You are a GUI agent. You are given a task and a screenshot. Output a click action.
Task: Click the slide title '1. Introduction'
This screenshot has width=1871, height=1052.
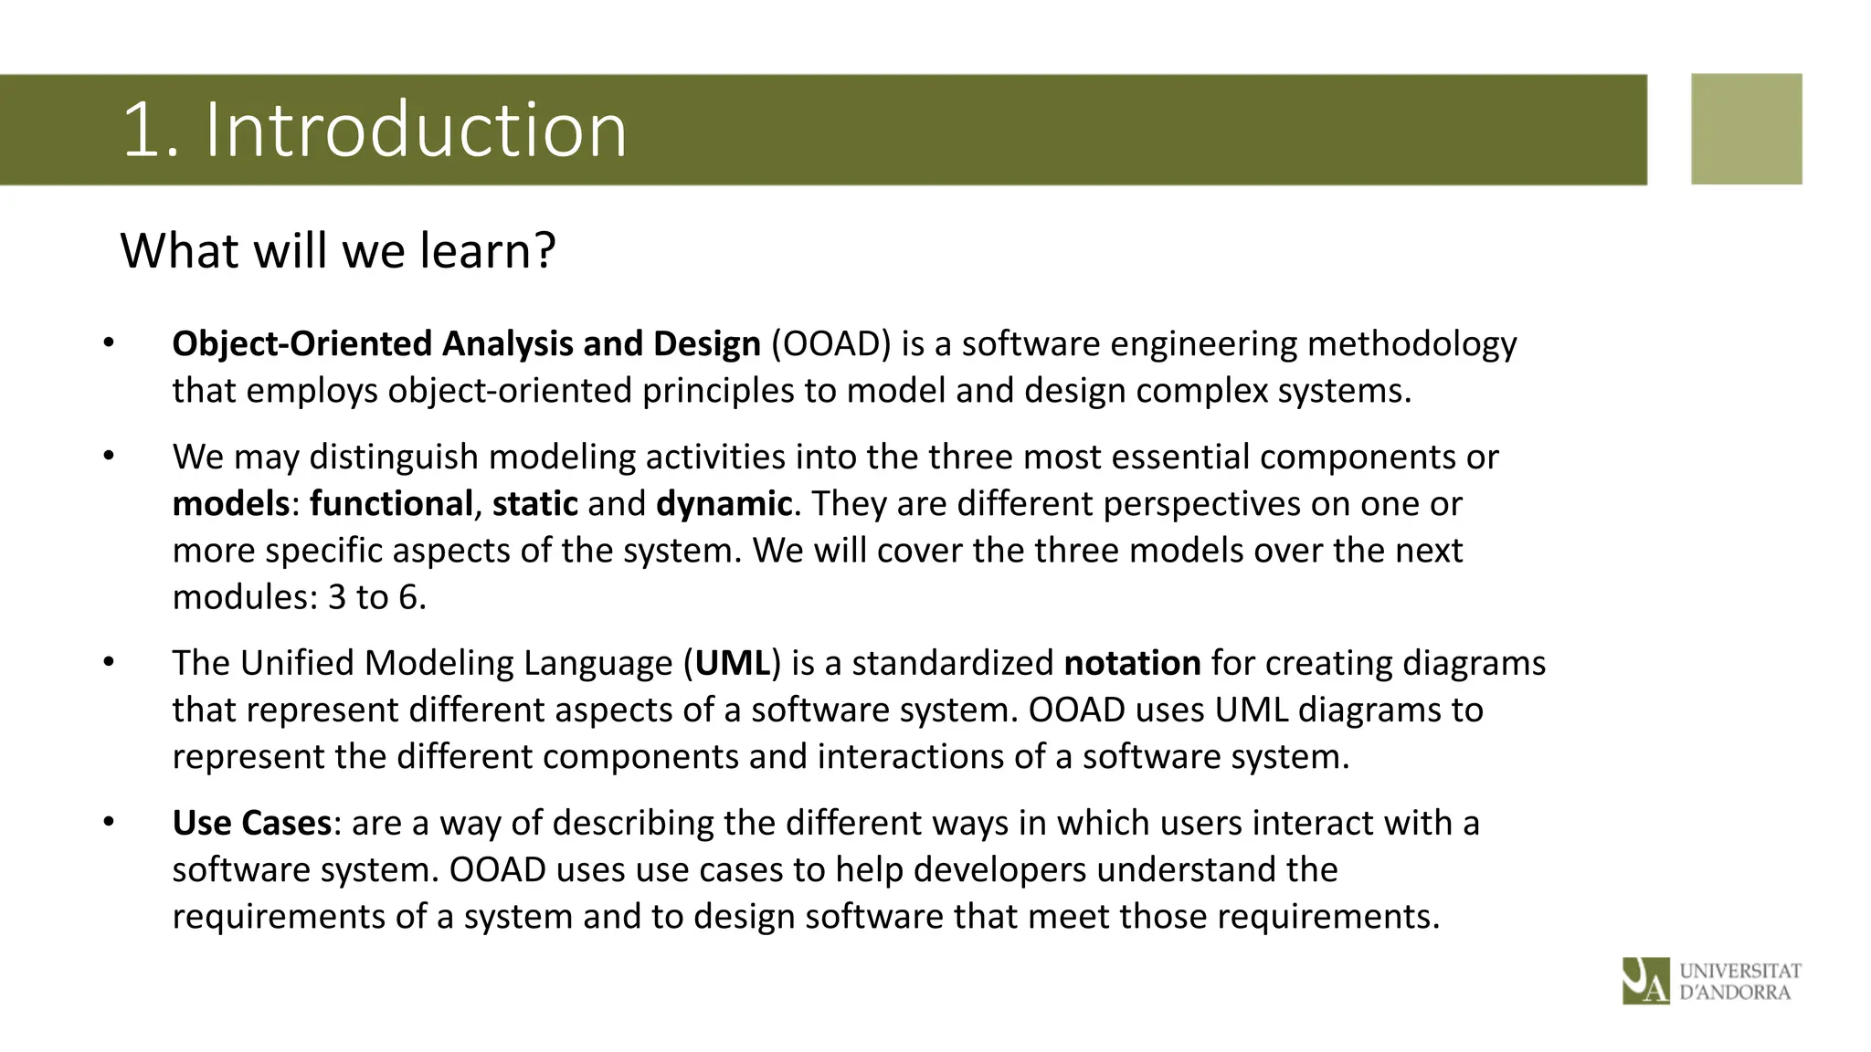375,130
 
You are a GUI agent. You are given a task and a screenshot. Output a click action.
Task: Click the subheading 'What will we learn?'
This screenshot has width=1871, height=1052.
338,251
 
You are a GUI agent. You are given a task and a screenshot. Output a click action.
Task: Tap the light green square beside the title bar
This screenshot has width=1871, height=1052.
1746,129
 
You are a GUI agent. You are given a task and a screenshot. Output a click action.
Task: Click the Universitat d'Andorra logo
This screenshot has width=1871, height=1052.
1711,981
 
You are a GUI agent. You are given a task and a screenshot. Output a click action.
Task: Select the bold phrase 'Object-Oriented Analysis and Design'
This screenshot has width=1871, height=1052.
466,344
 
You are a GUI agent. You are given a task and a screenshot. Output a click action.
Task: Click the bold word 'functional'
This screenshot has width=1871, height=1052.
391,504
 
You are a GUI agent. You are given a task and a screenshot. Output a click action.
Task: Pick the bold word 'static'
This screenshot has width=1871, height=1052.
534,504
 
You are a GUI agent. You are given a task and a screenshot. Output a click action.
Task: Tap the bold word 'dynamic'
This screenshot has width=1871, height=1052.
724,504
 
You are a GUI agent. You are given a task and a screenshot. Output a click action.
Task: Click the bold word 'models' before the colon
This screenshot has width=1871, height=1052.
230,504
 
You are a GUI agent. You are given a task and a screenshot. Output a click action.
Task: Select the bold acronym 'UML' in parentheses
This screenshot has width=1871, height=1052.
733,663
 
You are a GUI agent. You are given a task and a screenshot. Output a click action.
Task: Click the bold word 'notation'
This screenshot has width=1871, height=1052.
1132,663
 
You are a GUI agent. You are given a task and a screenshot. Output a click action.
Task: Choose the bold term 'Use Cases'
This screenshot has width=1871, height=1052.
251,823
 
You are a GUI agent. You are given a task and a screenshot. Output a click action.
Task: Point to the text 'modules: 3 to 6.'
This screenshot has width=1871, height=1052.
300,597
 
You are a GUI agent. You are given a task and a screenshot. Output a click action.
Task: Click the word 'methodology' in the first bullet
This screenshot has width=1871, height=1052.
1411,344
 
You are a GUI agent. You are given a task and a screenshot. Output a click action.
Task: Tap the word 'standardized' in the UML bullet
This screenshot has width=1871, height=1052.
953,663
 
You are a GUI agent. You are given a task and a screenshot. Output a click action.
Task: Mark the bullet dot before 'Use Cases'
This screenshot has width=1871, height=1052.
109,822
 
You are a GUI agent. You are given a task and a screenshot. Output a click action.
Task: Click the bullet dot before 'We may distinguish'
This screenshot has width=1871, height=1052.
109,456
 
